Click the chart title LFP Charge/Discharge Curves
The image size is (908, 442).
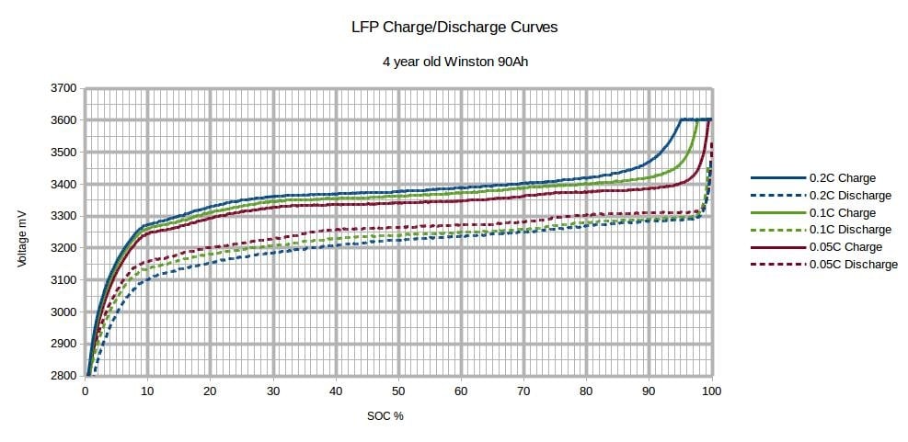pyautogui.click(x=454, y=27)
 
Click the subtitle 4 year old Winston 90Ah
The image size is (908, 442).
pyautogui.click(x=454, y=63)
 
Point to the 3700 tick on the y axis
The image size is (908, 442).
pyautogui.click(x=64, y=88)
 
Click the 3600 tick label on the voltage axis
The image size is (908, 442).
pyautogui.click(x=64, y=120)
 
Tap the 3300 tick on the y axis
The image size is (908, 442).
pyautogui.click(x=64, y=216)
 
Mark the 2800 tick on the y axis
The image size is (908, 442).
pyautogui.click(x=64, y=376)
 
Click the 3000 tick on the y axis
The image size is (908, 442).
pyautogui.click(x=64, y=312)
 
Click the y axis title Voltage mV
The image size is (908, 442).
pyautogui.click(x=22, y=232)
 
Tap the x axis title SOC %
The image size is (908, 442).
pyautogui.click(x=385, y=415)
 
